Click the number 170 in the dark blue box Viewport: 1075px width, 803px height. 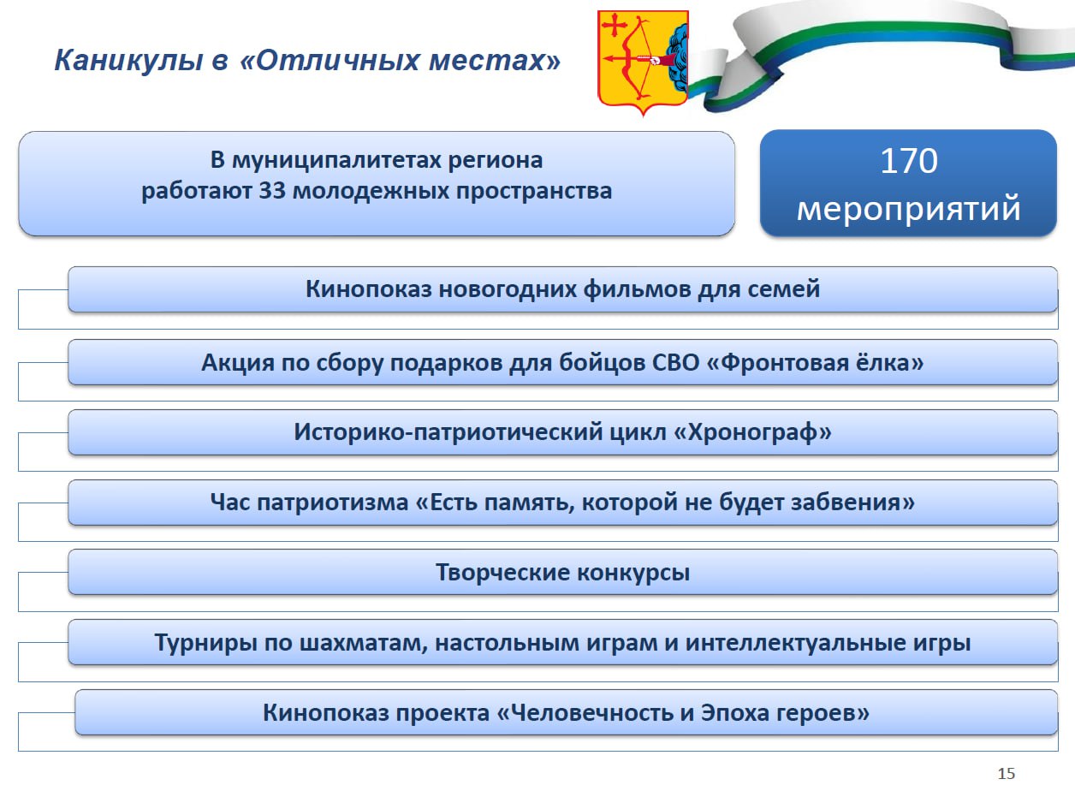[908, 161]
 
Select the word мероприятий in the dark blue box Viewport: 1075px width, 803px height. [908, 209]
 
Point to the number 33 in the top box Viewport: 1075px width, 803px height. [272, 190]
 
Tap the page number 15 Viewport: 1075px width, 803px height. [1007, 774]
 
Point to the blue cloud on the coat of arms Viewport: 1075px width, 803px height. [679, 59]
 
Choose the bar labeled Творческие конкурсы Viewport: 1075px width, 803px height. [562, 572]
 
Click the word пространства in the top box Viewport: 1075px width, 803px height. [534, 192]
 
